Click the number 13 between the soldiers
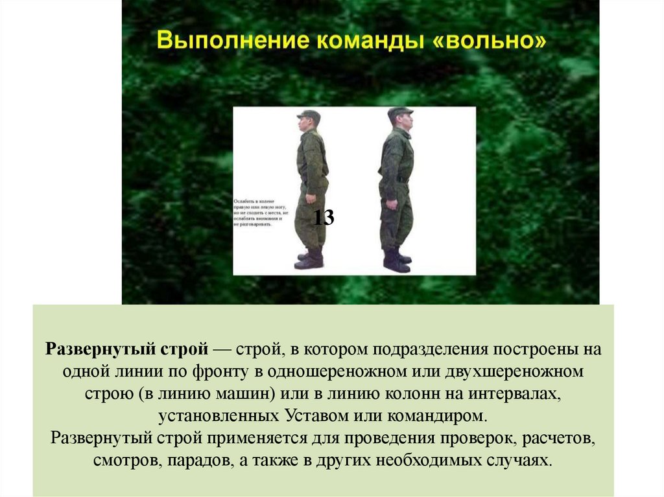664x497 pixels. click(x=324, y=218)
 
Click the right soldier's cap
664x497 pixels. click(x=399, y=112)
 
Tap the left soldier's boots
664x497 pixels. click(x=311, y=259)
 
